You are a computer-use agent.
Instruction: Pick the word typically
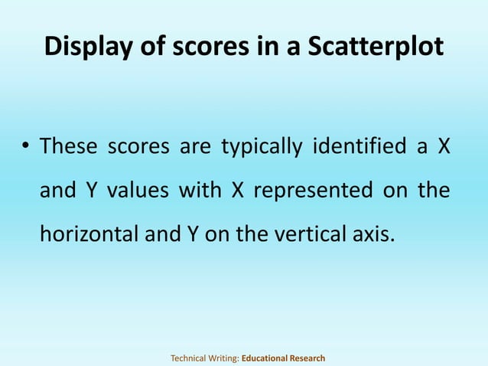[261, 145]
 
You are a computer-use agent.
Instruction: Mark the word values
[136, 189]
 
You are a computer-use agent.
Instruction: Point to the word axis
[378, 234]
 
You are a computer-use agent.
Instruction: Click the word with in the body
[200, 189]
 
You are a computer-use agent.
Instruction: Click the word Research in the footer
[307, 358]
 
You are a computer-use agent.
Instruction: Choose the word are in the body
[194, 145]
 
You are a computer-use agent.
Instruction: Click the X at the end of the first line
[442, 145]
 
